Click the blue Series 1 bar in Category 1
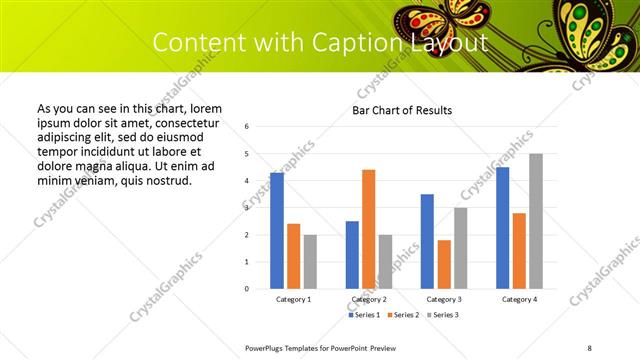tap(277, 231)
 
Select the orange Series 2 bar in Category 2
tap(368, 229)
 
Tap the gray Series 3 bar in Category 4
tap(536, 221)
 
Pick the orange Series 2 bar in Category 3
tap(444, 264)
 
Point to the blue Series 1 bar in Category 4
tap(502, 228)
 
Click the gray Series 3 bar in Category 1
tap(310, 262)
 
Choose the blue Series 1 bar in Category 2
tap(352, 255)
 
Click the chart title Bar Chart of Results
tap(403, 110)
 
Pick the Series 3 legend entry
tap(441, 315)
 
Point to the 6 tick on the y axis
tap(247, 127)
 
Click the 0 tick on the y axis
tap(247, 289)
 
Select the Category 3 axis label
tap(443, 299)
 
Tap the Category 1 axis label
tap(293, 299)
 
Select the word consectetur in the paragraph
tap(184, 121)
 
